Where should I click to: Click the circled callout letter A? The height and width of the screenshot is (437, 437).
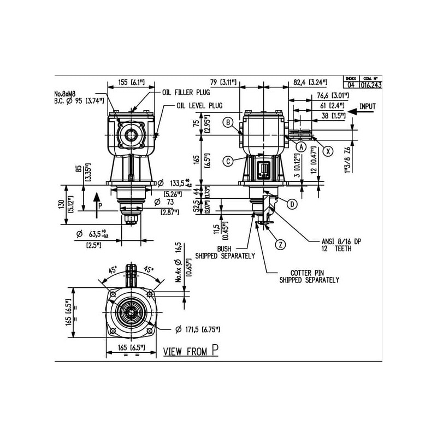[301, 146]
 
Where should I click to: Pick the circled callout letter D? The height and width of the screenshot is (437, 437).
[292, 204]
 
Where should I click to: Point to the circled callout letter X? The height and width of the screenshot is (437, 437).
[328, 151]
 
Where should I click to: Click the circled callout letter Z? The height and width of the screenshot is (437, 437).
[280, 244]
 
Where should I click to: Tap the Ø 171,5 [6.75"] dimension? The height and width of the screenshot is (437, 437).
[199, 329]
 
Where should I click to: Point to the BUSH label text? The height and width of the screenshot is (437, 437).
[225, 249]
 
